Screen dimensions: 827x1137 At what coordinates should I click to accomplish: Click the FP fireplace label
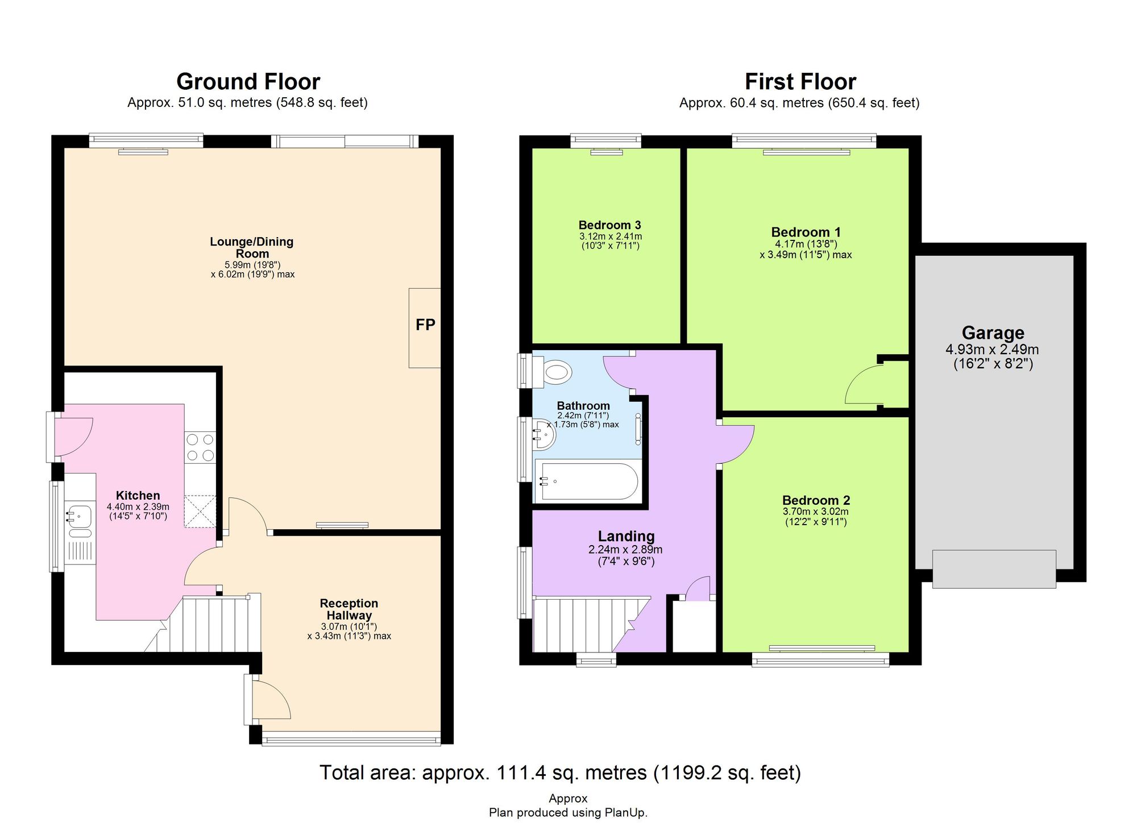425,325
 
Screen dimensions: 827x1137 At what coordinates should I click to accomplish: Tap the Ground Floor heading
248,82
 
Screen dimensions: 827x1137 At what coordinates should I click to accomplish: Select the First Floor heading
800,82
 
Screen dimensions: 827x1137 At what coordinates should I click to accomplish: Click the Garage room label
993,333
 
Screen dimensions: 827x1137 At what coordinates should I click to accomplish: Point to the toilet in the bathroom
555,373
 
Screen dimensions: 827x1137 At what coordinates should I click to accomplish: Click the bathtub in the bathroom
589,481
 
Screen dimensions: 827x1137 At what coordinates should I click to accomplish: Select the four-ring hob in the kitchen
200,447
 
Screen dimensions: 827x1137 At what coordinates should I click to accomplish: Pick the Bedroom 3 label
610,225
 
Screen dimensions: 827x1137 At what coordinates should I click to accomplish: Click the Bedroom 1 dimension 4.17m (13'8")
806,244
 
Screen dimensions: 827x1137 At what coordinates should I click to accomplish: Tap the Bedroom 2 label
816,500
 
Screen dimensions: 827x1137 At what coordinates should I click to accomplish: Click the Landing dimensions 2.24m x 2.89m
625,550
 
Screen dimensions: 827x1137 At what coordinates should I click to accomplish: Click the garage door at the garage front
994,568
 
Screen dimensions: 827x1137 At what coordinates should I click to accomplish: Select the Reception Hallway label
348,609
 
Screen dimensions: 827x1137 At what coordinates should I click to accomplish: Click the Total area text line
560,772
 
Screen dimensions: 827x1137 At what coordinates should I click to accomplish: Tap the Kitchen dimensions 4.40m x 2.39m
138,506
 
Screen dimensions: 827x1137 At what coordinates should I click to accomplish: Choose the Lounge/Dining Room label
252,247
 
